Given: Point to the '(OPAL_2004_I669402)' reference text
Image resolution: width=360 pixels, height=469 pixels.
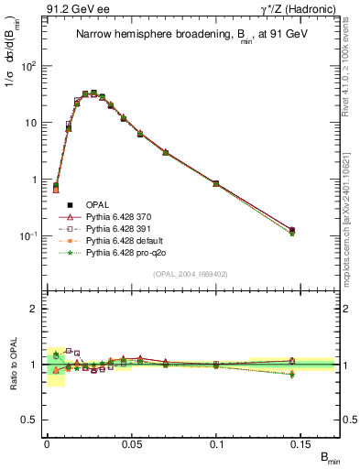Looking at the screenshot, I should pos(191,274).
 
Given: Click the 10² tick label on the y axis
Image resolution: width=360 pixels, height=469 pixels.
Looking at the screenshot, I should pos(29,66).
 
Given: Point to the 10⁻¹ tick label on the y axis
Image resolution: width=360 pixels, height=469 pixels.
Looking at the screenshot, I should pos(29,236).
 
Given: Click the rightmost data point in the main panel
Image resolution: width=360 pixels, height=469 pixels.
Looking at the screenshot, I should pos(291,230).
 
